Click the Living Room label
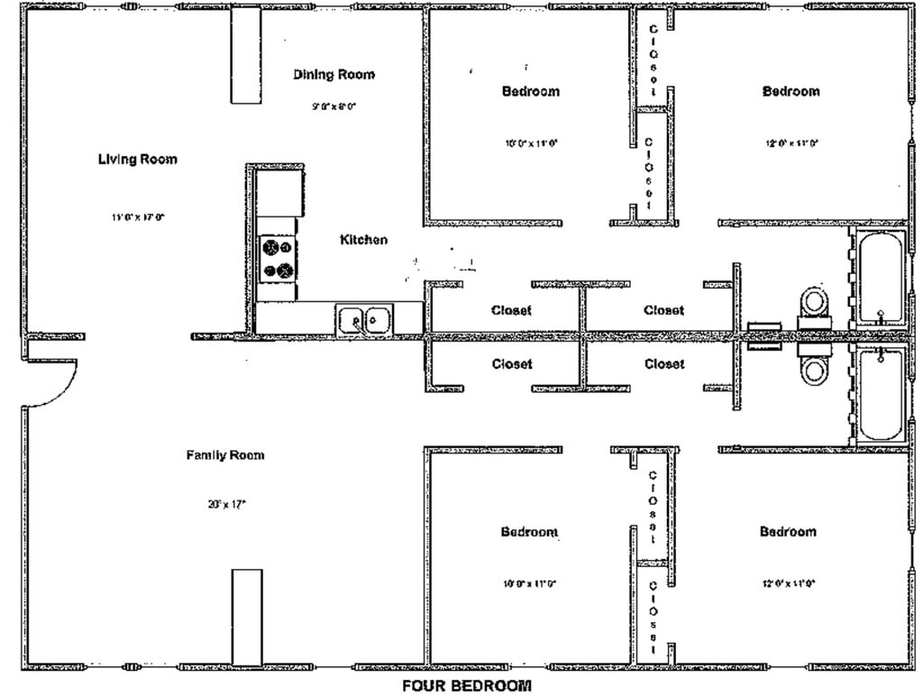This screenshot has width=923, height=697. [137, 160]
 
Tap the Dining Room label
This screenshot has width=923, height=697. [334, 75]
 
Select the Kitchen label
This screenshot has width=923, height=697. [363, 240]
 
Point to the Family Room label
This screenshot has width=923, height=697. [225, 455]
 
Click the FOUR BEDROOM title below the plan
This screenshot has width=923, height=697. [466, 686]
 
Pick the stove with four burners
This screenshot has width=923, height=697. [278, 258]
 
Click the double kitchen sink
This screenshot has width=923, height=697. [364, 319]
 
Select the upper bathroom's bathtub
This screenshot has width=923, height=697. [880, 277]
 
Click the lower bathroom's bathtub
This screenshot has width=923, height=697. [880, 395]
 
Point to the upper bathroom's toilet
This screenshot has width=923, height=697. [815, 302]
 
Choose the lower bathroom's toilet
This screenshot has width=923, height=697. [815, 364]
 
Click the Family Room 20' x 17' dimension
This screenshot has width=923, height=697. [226, 505]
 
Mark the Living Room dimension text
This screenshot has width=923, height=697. [138, 217]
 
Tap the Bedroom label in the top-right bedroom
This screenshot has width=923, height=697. [790, 91]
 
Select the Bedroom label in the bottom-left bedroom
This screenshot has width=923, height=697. [529, 532]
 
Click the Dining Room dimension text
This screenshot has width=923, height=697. [334, 106]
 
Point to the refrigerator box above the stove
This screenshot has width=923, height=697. [279, 191]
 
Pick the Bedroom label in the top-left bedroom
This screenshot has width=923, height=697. [530, 91]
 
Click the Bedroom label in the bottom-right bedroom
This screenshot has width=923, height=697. [788, 532]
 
